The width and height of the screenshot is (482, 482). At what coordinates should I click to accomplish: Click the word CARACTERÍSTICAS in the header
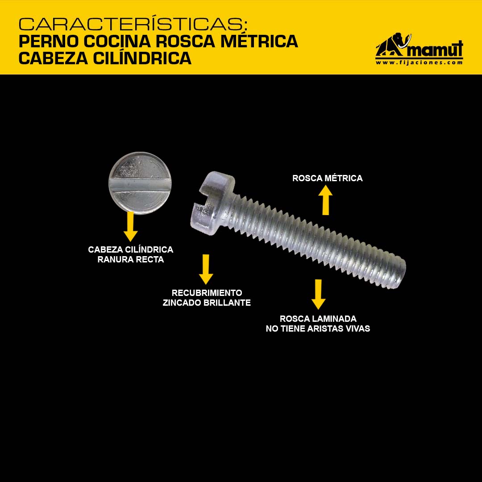coord(133,24)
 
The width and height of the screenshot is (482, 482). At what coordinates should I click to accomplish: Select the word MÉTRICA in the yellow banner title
coord(259,42)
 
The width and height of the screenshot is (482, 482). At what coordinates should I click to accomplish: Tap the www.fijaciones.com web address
coord(419,62)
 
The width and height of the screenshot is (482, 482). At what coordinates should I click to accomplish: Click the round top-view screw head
coord(140,183)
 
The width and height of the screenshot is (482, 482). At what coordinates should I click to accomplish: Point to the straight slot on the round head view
coord(140,185)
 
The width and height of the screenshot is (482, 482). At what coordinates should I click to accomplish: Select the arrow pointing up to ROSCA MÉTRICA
coord(325,200)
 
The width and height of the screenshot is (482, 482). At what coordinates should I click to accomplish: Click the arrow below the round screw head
coord(130,227)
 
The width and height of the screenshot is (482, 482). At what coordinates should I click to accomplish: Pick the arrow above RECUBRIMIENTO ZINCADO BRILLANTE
coord(206,269)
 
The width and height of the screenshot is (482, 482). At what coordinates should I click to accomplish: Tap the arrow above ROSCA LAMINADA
coord(318,294)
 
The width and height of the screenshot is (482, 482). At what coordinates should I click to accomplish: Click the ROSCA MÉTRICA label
coord(328,178)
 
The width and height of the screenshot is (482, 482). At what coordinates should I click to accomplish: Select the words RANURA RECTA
coord(131,259)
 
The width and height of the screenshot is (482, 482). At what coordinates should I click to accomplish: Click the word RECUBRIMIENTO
coord(207,293)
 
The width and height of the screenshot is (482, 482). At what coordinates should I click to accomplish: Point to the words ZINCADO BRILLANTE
coord(207,303)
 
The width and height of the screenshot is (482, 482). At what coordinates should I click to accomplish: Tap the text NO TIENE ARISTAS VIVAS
coord(318,328)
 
